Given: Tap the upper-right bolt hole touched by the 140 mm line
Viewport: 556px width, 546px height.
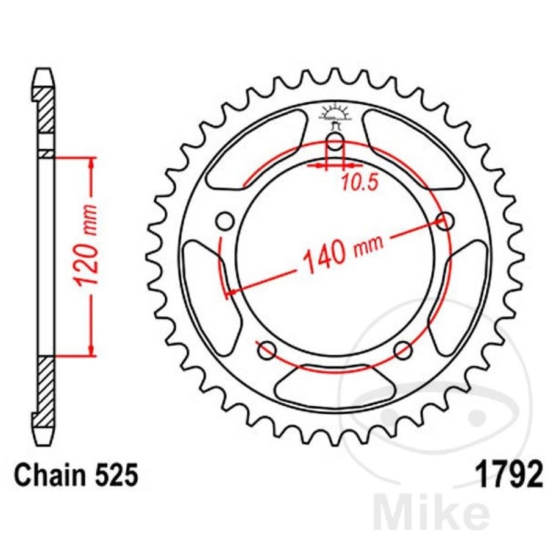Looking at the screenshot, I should click(x=446, y=220).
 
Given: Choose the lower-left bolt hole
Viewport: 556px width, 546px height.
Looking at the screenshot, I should click(x=266, y=350).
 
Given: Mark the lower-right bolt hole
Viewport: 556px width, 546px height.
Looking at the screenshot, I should click(x=403, y=350).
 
